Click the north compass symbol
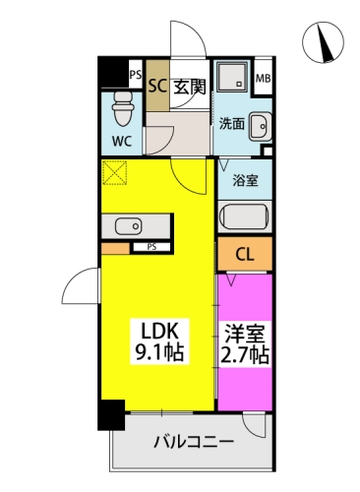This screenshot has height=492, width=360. [323, 42]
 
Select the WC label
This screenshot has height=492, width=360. [122, 141]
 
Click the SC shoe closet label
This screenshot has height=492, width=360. [157, 86]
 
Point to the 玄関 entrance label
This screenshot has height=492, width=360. [190, 87]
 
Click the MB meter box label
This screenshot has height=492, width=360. [264, 79]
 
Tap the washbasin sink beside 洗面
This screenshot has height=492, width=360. [261, 126]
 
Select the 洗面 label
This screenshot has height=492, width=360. [232, 124]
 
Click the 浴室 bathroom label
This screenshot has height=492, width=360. [245, 180]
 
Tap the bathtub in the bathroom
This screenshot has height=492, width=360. [245, 216]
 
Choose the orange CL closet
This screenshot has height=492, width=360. [245, 254]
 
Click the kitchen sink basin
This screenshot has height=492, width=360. [128, 226]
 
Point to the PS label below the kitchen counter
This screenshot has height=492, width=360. [151, 247]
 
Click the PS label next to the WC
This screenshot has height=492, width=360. [135, 75]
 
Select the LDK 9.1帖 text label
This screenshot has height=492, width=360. [159, 341]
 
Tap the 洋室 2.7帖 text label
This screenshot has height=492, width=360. [245, 343]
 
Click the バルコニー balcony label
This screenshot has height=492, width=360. [194, 442]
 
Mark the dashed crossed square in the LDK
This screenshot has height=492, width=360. [114, 173]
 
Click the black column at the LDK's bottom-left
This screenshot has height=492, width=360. [111, 414]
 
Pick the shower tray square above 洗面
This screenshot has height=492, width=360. [232, 76]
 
